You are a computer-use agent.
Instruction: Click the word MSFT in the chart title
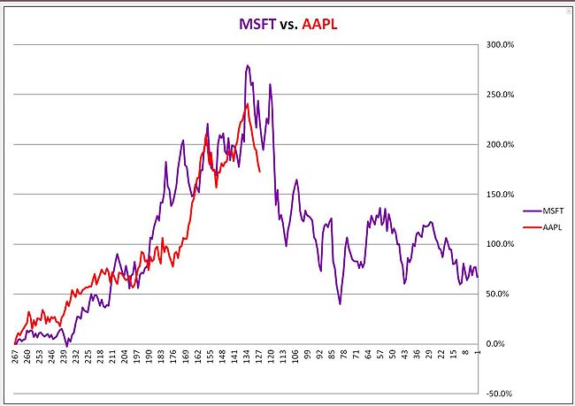click(x=257, y=24)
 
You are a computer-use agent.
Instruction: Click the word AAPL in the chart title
click(x=319, y=24)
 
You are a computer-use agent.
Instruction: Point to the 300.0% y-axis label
click(x=500, y=45)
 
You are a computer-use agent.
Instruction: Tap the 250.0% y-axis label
click(x=500, y=95)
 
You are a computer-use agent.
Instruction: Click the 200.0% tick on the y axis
click(x=500, y=144)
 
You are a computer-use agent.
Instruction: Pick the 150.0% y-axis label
click(x=500, y=195)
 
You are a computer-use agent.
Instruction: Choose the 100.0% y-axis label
click(x=500, y=244)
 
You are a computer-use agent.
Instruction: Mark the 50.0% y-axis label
click(x=497, y=295)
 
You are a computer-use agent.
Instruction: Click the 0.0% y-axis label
click(x=495, y=344)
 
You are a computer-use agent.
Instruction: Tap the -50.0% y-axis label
click(x=499, y=394)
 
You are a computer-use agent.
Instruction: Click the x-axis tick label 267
click(x=15, y=356)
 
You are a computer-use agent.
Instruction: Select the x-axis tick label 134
click(x=247, y=356)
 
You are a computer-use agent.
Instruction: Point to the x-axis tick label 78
click(x=343, y=355)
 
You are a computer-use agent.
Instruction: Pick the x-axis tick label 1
click(x=477, y=352)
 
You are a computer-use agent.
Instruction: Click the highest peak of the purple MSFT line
click(x=248, y=65)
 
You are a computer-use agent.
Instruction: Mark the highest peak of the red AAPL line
click(x=248, y=103)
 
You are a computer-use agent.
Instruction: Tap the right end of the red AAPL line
click(x=260, y=172)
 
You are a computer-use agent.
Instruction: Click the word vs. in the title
click(x=288, y=25)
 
